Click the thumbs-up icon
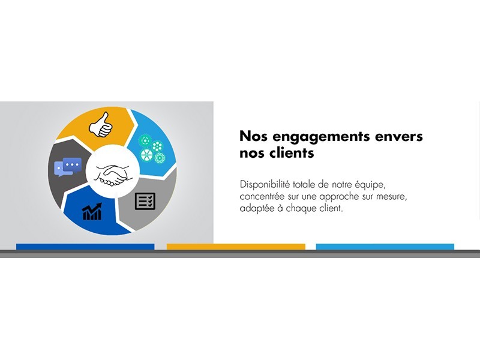[100, 125]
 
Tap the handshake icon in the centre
[112, 175]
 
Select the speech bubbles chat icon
[68, 167]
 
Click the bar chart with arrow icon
[92, 212]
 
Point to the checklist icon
[145, 201]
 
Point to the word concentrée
[262, 197]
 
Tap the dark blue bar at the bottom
[85, 247]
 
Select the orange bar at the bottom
[236, 247]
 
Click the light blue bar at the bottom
[385, 247]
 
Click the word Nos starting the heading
[253, 136]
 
